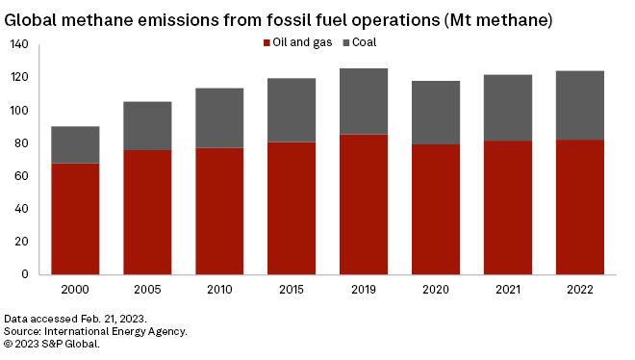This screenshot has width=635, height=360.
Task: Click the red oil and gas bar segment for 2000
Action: click(75, 219)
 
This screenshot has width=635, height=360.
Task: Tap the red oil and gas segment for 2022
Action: click(580, 207)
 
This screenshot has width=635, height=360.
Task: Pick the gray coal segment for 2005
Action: click(147, 125)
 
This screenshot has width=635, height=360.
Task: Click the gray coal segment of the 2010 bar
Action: click(219, 117)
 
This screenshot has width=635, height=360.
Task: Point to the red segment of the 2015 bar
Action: click(292, 208)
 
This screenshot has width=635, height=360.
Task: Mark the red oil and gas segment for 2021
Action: click(508, 207)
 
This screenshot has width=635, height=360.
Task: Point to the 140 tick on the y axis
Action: click(20, 45)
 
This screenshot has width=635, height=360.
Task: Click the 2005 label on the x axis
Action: click(147, 290)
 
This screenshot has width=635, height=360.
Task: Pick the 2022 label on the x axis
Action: click(580, 290)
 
